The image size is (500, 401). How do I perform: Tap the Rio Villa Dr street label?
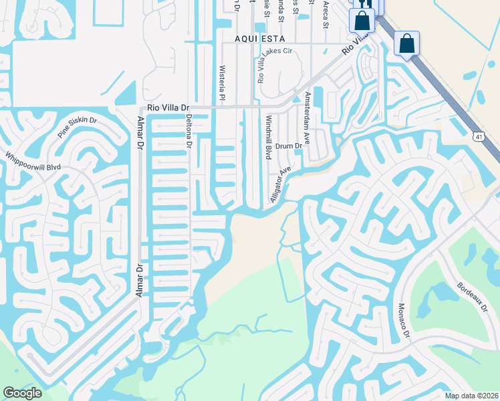tap(168, 108)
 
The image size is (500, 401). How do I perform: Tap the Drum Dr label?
tap(289, 146)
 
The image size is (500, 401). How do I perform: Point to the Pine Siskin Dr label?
tap(77, 126)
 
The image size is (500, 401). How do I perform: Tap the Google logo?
tap(22, 393)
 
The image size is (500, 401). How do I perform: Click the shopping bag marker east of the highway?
tap(406, 44)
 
